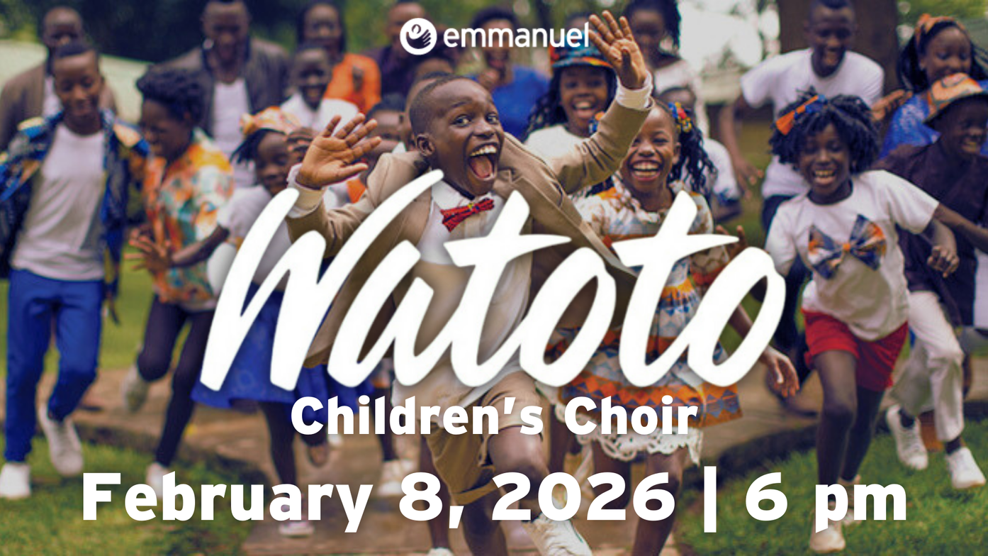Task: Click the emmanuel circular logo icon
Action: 418,36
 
